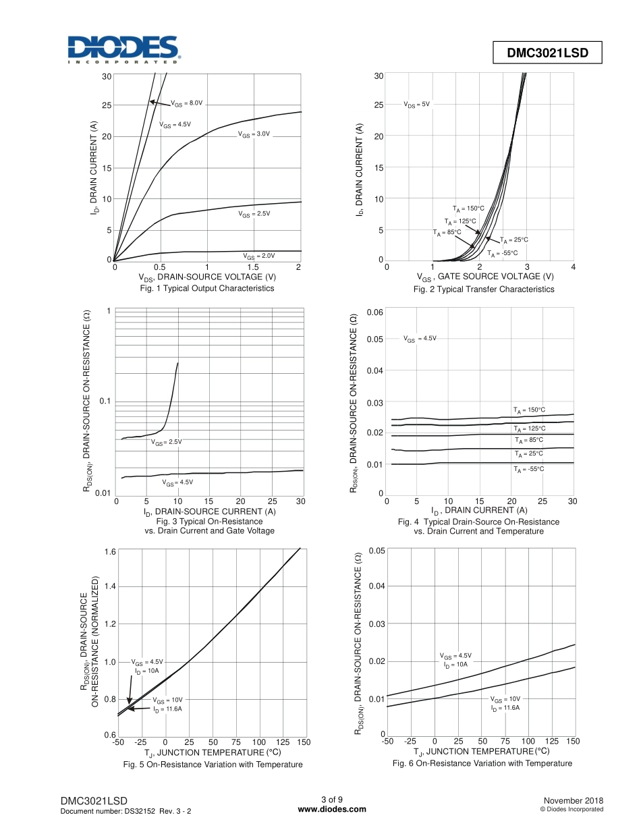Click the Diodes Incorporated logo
pyautogui.click(x=122, y=50)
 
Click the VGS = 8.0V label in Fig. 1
pyautogui.click(x=186, y=103)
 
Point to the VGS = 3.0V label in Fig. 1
pyautogui.click(x=254, y=134)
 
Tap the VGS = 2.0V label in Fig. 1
pyautogui.click(x=259, y=256)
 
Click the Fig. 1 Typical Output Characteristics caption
pyautogui.click(x=207, y=288)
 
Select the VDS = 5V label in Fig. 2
pyautogui.click(x=416, y=105)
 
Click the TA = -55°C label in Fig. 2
pyautogui.click(x=502, y=253)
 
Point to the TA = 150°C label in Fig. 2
pyautogui.click(x=468, y=209)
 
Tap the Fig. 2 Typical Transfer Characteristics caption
pyautogui.click(x=484, y=289)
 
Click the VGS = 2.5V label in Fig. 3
pyautogui.click(x=167, y=442)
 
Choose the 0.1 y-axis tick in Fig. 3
pyautogui.click(x=105, y=402)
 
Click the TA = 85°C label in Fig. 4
pyautogui.click(x=528, y=440)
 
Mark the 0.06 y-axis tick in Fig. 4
pyautogui.click(x=374, y=312)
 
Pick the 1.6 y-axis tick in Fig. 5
pyautogui.click(x=109, y=551)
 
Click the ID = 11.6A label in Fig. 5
pyautogui.click(x=167, y=709)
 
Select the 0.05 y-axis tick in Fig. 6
pyautogui.click(x=377, y=551)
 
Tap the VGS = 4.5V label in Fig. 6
pyautogui.click(x=455, y=656)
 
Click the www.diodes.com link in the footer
pyautogui.click(x=332, y=809)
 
